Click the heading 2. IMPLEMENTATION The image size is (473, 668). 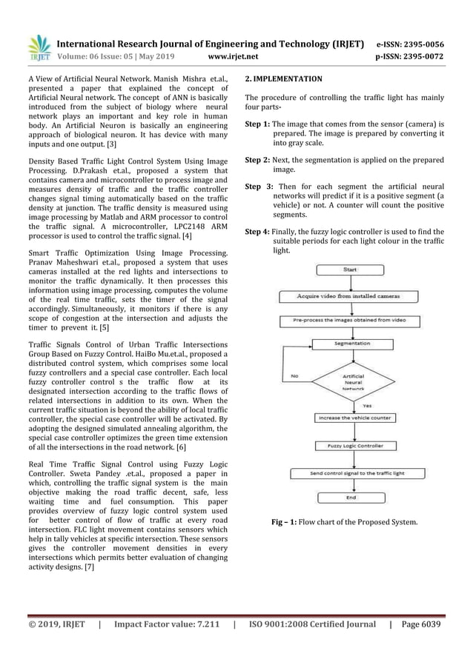[x=284, y=78]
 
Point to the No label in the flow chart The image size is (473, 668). [x=294, y=375]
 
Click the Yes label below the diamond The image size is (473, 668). [x=367, y=405]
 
